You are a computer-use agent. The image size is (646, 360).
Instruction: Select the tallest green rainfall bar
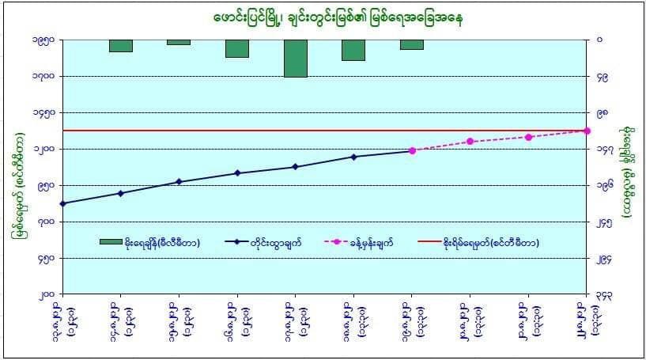pyautogui.click(x=295, y=58)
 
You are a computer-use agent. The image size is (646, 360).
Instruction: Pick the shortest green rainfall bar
pyautogui.click(x=179, y=42)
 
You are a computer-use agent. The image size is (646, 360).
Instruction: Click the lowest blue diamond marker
pyautogui.click(x=62, y=203)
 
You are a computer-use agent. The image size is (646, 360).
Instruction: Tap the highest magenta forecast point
pyautogui.click(x=587, y=130)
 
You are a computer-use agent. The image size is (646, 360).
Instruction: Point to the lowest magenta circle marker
pyautogui.click(x=412, y=150)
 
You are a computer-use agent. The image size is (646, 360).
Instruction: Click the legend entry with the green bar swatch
pyautogui.click(x=149, y=242)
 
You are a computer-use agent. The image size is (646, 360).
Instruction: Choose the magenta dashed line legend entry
pyautogui.click(x=371, y=242)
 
